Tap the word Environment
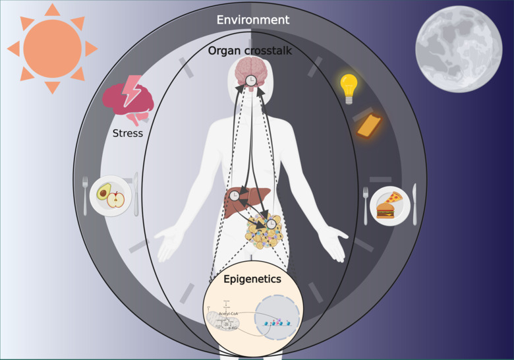pyautogui.click(x=253, y=20)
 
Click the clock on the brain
pyautogui.click(x=251, y=80)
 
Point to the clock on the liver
pyautogui.click(x=235, y=195)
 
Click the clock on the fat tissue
pyautogui.click(x=271, y=224)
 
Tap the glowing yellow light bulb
pyautogui.click(x=348, y=86)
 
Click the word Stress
pyautogui.click(x=127, y=133)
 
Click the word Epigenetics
pyautogui.click(x=252, y=279)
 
